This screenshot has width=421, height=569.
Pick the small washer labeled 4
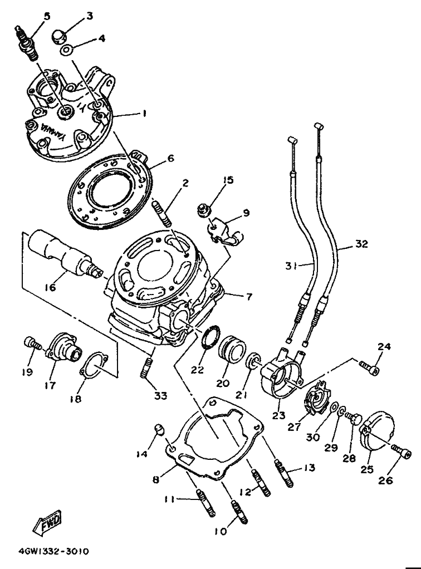67,50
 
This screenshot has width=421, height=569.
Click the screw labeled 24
370,367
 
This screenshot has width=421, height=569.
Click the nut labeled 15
202,210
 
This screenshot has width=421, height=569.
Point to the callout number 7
248,297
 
